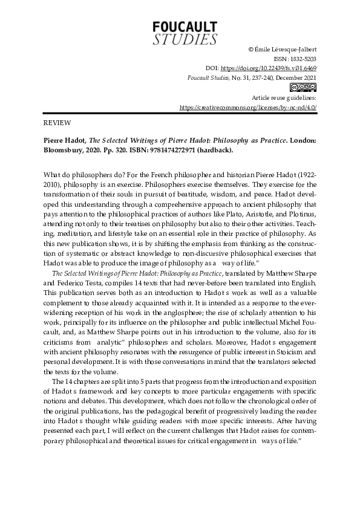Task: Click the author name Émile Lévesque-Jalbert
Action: [x=287, y=50]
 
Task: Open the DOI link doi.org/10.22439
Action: [x=268, y=69]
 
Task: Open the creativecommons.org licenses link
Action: [x=248, y=107]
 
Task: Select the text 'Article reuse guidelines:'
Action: [x=284, y=97]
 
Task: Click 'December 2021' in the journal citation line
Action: [x=296, y=78]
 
